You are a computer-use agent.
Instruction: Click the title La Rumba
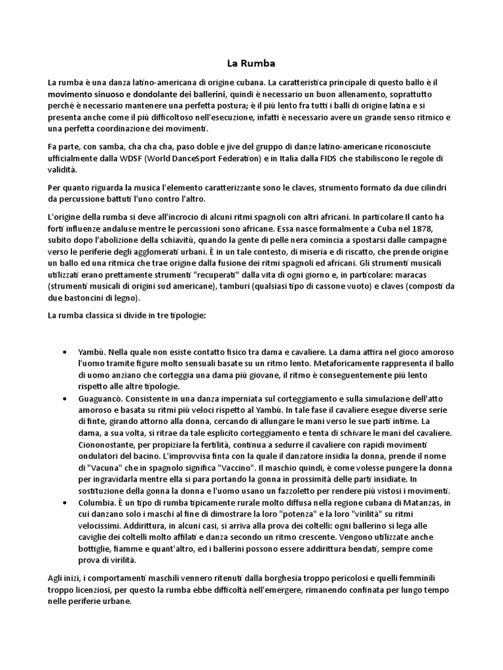[251, 63]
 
